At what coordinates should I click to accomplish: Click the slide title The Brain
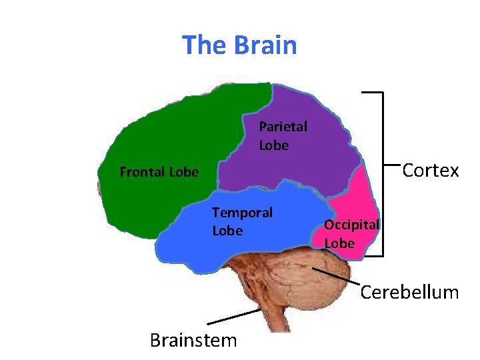(239, 45)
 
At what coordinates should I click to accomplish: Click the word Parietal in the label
(283, 126)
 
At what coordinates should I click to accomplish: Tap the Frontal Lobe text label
(159, 173)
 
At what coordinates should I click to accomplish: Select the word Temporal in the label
(242, 213)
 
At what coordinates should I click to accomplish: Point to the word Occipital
(351, 225)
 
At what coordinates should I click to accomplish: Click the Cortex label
(431, 171)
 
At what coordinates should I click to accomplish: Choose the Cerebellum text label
(409, 292)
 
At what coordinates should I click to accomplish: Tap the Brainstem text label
(193, 341)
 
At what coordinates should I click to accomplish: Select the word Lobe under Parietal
(273, 145)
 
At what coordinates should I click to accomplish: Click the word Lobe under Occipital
(339, 243)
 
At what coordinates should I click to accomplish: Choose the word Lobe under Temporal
(227, 231)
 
